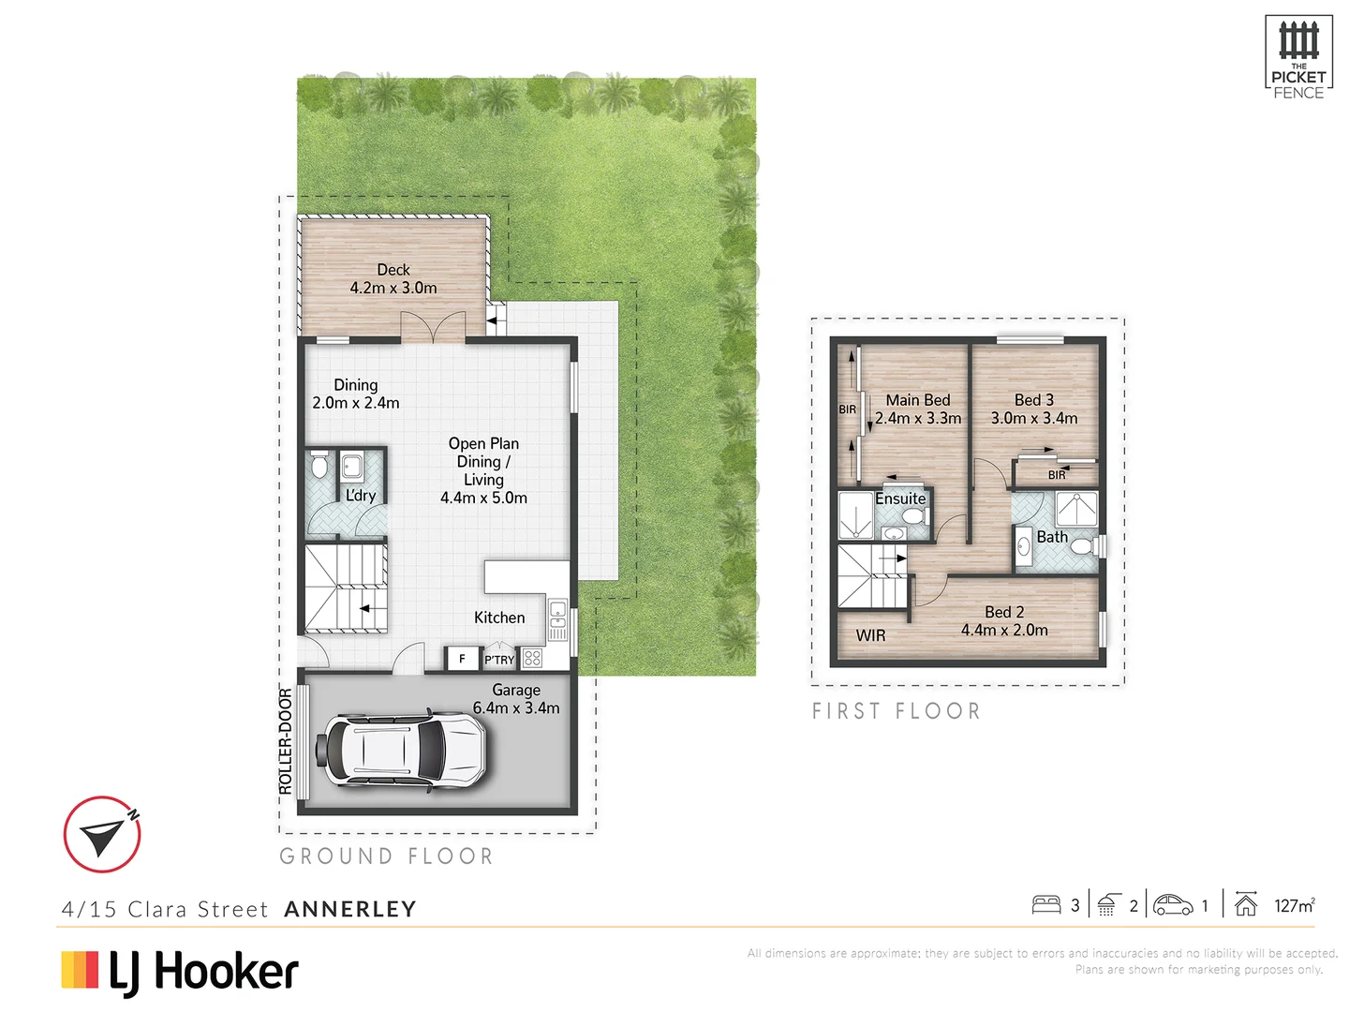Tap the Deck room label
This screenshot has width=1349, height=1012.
point(393,270)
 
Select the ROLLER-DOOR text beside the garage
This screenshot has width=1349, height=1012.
point(286,741)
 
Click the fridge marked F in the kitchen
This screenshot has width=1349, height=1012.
point(462,659)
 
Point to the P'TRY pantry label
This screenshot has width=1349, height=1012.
point(499,660)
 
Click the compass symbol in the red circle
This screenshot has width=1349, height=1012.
point(102,834)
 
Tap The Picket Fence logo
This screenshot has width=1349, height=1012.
point(1298,58)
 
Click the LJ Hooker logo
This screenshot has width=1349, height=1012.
point(180,972)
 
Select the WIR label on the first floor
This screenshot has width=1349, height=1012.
point(870,635)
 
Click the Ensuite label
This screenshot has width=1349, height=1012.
point(900,499)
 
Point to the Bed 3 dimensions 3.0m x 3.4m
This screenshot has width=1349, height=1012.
point(1034,418)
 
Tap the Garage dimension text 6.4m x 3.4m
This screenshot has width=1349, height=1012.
point(516,708)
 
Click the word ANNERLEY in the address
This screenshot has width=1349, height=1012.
point(350,909)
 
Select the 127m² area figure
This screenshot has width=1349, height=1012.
point(1294,905)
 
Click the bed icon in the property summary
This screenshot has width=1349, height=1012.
point(1045,905)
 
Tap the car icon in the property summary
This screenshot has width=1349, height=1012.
point(1173,905)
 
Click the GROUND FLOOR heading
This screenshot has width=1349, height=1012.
point(386,856)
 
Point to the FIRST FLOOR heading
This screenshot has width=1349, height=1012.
point(896,711)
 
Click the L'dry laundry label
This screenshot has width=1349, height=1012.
point(361,495)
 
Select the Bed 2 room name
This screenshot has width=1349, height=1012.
point(1004,612)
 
